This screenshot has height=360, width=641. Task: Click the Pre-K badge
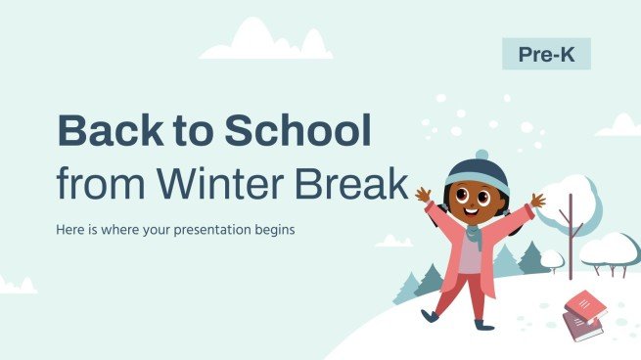546,54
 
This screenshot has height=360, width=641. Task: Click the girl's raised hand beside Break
423,195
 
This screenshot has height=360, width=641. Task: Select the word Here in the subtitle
73,232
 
